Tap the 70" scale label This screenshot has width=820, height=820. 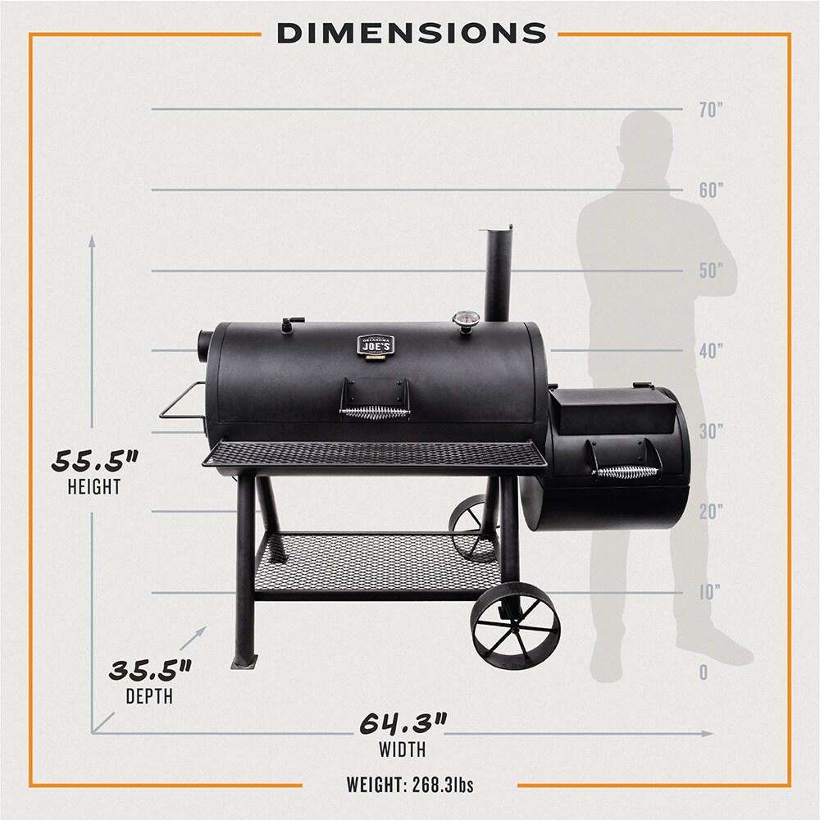click(710, 110)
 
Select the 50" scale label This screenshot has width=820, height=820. click(710, 271)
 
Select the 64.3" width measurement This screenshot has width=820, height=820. click(403, 724)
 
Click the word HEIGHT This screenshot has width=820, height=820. click(94, 487)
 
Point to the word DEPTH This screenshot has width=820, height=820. click(149, 698)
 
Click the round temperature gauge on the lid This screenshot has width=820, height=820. click(468, 321)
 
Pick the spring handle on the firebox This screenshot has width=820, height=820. click(627, 471)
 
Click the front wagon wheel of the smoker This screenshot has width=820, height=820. click(516, 622)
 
